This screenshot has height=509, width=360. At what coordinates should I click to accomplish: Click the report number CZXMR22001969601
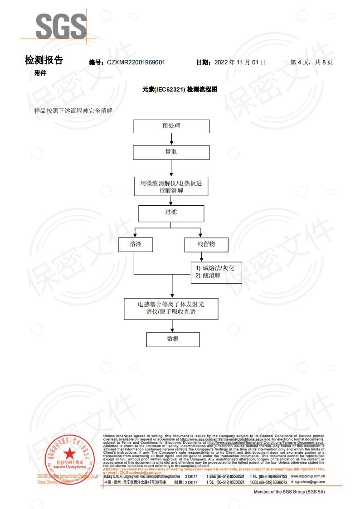click(x=136, y=62)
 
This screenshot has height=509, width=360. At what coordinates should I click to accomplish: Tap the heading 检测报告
click(x=44, y=60)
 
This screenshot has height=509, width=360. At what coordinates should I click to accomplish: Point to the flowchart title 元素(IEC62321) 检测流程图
click(x=180, y=90)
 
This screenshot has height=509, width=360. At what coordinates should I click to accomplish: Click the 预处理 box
click(x=171, y=126)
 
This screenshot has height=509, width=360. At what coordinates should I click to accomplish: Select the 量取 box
click(x=171, y=152)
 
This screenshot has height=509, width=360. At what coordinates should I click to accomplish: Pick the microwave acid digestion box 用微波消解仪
click(x=171, y=186)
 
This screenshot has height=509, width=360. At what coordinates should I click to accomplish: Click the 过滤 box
click(x=171, y=212)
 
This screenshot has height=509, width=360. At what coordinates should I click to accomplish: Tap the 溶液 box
click(x=135, y=244)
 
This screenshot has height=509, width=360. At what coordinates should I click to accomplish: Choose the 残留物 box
click(x=206, y=244)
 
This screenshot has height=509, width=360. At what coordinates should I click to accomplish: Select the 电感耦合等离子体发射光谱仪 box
click(x=171, y=308)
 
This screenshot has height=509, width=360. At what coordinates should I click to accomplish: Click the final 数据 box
click(x=173, y=339)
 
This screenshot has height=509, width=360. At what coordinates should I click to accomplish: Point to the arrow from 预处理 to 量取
click(x=171, y=139)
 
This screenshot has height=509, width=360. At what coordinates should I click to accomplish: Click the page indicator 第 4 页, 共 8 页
click(x=311, y=62)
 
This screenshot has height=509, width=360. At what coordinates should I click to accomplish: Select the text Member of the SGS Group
click(x=289, y=492)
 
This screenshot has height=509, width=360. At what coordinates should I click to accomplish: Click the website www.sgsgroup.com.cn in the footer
click(x=307, y=477)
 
